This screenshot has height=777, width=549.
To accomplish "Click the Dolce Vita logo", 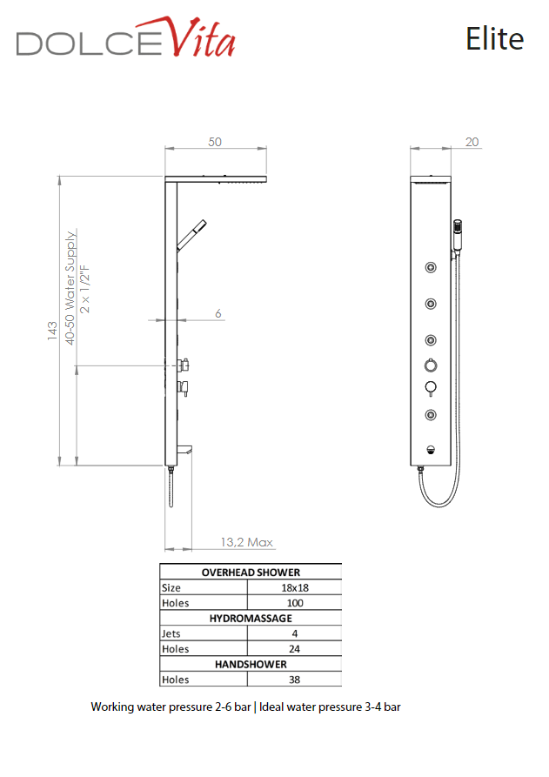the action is [126, 38].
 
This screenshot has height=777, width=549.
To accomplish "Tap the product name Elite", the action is [494, 38].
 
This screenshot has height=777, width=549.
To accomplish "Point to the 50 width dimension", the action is [215, 142].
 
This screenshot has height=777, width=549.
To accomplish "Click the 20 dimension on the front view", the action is [472, 142].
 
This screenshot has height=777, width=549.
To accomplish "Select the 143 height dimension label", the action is [52, 331].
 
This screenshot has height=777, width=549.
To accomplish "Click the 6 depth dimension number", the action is [218, 313].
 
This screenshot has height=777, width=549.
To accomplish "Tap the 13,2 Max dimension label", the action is [247, 542].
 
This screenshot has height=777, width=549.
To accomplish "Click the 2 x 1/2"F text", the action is [84, 290].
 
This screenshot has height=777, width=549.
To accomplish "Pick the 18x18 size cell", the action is [295, 587].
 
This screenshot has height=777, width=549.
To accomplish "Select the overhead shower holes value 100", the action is [295, 603].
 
